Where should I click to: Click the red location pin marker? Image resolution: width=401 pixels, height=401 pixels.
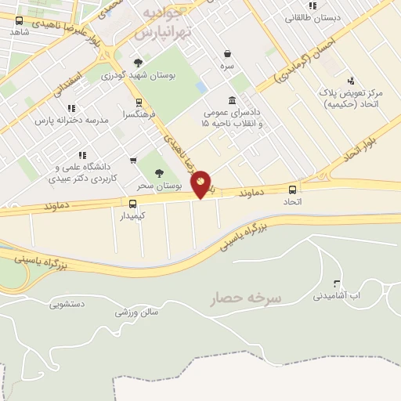click(200, 183)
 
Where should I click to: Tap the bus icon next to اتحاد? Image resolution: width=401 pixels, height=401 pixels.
click(293, 190)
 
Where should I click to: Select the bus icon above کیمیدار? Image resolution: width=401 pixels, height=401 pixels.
click(132, 204)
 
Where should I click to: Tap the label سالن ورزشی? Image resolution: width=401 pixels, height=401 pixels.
click(136, 312)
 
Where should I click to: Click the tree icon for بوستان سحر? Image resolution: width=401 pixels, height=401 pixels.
click(159, 174)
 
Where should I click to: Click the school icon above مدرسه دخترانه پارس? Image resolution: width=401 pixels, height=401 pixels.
click(71, 108)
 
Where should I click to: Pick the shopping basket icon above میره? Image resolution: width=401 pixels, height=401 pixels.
click(227, 54)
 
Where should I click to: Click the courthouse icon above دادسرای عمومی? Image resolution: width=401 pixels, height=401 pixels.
click(232, 100)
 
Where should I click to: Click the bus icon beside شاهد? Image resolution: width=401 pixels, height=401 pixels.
click(19, 21)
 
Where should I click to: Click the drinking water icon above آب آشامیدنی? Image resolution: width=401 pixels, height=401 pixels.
click(337, 284)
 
